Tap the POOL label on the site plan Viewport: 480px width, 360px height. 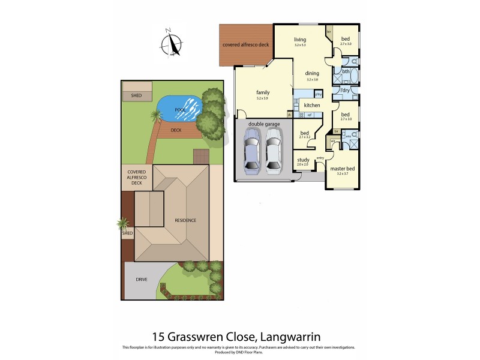(179, 110)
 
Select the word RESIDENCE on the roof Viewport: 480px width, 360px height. (185, 220)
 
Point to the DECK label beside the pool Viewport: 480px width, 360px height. (176, 129)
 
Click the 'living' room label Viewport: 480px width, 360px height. (300, 40)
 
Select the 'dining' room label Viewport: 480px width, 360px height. (311, 74)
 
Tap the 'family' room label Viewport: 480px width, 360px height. (263, 92)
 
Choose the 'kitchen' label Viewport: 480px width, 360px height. (312, 106)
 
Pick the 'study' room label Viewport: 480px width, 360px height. (303, 160)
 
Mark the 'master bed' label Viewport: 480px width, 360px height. (343, 169)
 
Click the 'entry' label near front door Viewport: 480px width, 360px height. (320, 158)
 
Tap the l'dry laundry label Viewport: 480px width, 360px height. (345, 91)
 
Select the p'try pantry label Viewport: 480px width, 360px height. (319, 94)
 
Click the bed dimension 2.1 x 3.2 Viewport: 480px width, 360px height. (305, 137)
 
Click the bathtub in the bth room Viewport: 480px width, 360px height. (353, 76)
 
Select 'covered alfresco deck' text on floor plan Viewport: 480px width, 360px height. (247, 45)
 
